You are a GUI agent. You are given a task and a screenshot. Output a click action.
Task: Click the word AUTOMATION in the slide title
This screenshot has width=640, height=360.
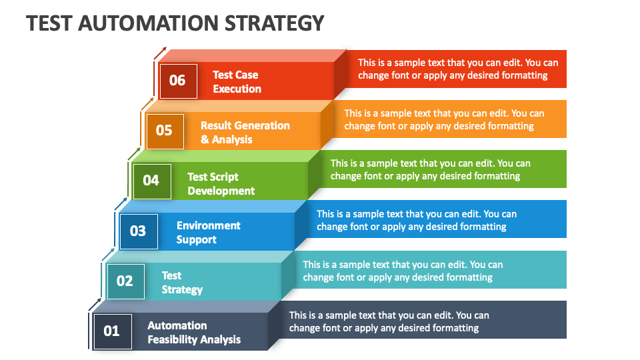click(148, 23)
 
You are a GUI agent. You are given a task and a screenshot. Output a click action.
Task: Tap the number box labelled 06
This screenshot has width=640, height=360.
click(179, 81)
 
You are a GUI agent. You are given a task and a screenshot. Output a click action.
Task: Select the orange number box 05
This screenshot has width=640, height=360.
click(165, 131)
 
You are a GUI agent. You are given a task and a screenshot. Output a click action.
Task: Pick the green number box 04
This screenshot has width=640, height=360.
click(152, 181)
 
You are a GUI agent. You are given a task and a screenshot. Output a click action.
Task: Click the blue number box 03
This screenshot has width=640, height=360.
click(139, 231)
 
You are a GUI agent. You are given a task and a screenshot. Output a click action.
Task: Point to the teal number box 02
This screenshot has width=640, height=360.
click(125, 281)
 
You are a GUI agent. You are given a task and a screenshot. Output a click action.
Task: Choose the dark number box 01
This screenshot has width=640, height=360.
click(112, 331)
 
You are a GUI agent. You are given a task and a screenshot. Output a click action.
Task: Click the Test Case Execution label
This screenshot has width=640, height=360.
click(237, 81)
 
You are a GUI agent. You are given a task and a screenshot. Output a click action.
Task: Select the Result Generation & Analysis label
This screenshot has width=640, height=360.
click(245, 132)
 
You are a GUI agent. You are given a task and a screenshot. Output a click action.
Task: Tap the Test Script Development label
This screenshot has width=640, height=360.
click(221, 184)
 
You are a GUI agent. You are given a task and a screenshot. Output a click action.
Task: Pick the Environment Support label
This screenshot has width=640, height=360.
click(208, 232)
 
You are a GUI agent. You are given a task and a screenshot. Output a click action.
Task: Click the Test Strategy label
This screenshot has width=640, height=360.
click(181, 283)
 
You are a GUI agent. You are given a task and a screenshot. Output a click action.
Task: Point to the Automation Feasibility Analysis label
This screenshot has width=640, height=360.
click(194, 332)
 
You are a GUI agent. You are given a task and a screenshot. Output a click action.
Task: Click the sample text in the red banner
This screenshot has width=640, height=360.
click(458, 69)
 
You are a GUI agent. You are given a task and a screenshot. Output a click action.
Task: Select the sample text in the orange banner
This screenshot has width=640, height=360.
click(444, 119)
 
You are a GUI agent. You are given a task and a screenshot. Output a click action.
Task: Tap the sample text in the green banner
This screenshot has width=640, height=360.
click(430, 169)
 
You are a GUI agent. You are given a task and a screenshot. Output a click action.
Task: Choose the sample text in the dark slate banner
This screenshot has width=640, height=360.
click(389, 321)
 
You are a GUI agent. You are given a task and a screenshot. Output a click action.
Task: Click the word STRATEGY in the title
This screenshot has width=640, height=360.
click(274, 23)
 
